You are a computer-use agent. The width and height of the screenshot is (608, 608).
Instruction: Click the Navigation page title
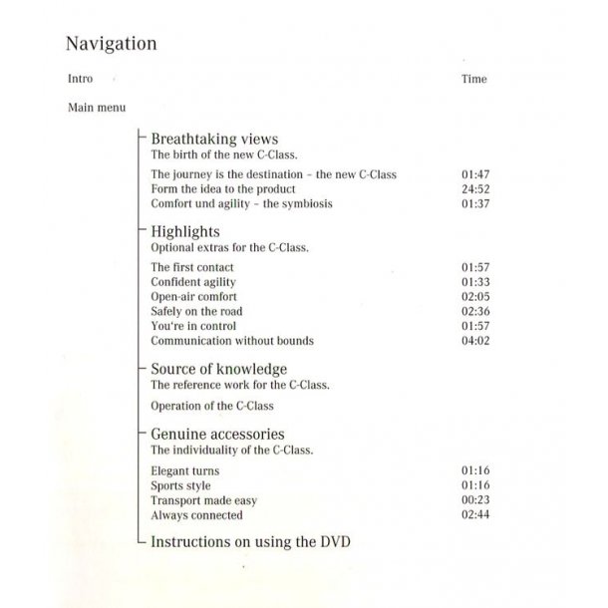point(111,44)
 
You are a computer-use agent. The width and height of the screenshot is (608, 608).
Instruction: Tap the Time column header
point(474,79)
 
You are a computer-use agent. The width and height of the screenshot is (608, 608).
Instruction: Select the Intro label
point(81,78)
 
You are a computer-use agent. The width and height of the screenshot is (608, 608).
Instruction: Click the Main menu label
point(97,108)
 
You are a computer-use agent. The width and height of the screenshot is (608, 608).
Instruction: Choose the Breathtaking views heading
point(214,139)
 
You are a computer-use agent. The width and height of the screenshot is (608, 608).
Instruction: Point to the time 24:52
point(475,189)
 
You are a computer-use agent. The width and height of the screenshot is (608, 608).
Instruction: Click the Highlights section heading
point(184,231)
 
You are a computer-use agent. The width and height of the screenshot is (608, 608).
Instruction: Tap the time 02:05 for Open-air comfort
point(475,297)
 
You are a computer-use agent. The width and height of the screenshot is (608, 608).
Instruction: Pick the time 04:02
point(475,341)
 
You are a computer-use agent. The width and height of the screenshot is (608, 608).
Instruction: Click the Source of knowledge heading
point(218,369)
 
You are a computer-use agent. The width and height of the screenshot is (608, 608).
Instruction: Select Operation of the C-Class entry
point(212,406)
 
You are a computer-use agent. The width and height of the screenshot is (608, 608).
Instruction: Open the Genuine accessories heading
point(217,434)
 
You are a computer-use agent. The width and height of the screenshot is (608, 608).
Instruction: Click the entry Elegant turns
point(185,470)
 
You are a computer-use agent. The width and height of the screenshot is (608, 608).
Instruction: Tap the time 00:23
point(475,500)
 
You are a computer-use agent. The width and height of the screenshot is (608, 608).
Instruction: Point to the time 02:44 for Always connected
point(475,515)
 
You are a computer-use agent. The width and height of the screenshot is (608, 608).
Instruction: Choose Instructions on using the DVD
point(250,542)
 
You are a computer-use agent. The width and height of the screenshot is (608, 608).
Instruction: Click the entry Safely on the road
point(196,312)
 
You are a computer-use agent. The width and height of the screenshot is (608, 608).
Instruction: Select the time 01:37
point(475,204)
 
